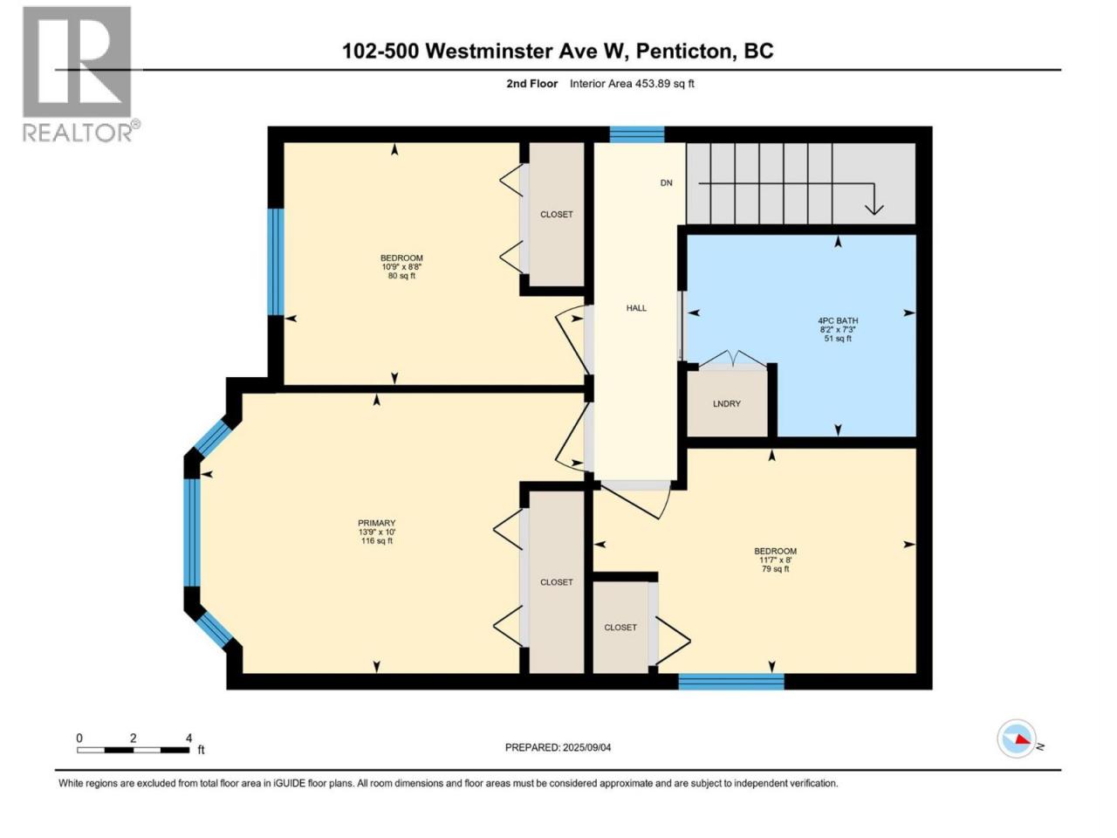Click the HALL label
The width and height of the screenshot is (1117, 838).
(636, 308)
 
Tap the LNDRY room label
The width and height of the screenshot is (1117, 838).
(726, 403)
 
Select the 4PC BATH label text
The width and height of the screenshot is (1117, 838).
(838, 320)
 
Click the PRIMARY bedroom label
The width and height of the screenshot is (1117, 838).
(377, 523)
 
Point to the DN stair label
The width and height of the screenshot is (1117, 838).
(666, 182)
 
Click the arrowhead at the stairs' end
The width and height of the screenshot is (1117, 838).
(874, 209)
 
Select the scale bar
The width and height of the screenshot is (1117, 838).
(134, 750)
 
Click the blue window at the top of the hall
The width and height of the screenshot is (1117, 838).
(637, 134)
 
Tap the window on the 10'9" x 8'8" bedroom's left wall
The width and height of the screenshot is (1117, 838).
(275, 261)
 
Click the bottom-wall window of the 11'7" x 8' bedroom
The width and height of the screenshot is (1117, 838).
(731, 681)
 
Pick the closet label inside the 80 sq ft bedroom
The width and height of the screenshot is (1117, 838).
(556, 214)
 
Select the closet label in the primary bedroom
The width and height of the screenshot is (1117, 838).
(556, 582)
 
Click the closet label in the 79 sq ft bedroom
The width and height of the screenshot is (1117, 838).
(620, 628)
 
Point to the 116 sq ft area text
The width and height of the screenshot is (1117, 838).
(377, 541)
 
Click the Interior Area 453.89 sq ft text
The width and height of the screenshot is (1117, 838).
(632, 84)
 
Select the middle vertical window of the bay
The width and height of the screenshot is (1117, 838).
(192, 532)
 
